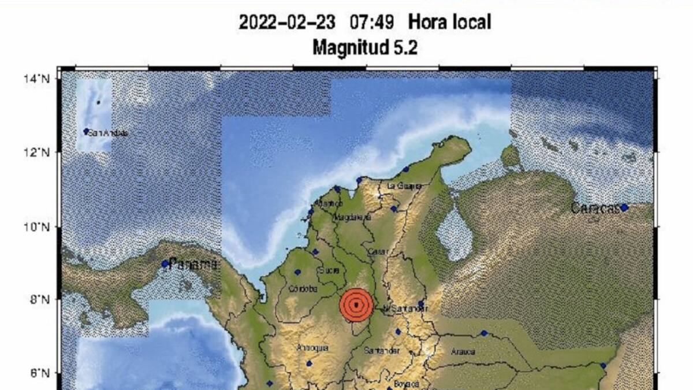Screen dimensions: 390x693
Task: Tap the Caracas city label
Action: click(x=595, y=208)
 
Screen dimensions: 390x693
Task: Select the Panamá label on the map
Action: click(x=194, y=265)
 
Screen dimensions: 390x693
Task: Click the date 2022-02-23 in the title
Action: click(x=288, y=23)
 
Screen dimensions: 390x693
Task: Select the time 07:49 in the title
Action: click(x=372, y=23)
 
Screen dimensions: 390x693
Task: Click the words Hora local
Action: click(x=449, y=23)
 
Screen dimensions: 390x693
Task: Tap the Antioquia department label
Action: click(x=312, y=348)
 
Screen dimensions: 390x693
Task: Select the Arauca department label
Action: click(x=463, y=351)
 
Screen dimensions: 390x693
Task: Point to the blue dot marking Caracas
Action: click(x=624, y=207)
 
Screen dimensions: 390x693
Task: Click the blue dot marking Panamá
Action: click(x=165, y=264)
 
